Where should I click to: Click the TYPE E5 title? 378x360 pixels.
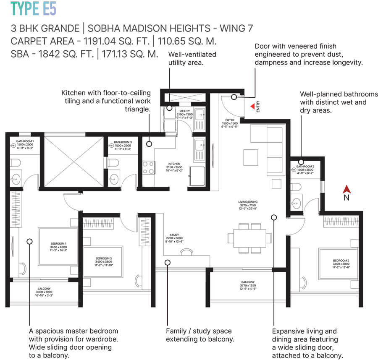point(33,9)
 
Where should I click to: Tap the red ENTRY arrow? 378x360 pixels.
point(252,107)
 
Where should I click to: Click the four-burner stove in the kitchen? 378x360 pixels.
point(148,167)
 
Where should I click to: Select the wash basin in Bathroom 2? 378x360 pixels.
point(296,202)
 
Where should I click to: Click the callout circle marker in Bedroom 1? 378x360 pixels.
point(29,241)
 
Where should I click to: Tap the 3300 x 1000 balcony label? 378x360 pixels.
point(44,292)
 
